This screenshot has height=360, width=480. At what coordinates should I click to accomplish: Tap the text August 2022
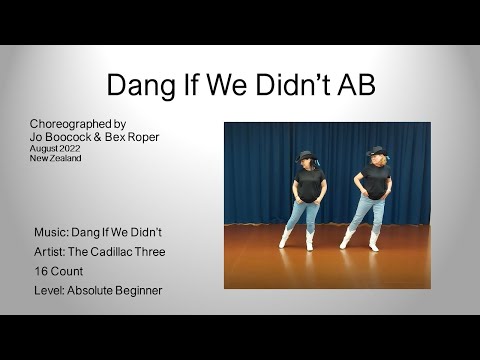pos(54,147)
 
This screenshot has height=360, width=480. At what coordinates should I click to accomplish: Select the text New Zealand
pos(55,157)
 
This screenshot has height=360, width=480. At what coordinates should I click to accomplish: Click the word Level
pos(50,290)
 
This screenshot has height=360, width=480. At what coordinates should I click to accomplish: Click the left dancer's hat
pos(306,156)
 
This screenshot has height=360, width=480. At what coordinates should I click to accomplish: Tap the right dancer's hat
pos(376,152)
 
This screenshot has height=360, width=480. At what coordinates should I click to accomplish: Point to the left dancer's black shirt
pos(308,183)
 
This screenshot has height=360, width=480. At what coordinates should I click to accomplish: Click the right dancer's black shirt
pos(376,180)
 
